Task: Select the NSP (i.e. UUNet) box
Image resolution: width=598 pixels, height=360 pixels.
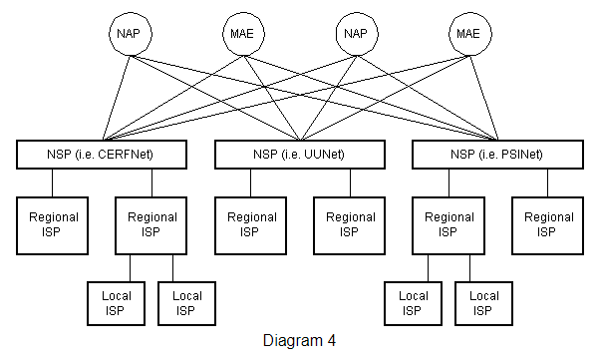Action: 300,155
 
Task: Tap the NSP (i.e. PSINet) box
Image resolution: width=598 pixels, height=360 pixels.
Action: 496,155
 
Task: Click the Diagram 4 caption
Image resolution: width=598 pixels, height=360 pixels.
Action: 299,340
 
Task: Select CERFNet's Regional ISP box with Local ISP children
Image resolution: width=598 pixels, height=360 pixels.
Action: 152,224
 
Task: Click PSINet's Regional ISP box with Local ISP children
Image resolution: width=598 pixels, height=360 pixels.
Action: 449,224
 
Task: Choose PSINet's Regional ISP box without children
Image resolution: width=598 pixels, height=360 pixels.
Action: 548,224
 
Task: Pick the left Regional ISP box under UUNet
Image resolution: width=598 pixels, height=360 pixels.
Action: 251,224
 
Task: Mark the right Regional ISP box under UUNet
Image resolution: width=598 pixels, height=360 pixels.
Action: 350,224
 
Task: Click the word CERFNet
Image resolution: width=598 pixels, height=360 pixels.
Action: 149,155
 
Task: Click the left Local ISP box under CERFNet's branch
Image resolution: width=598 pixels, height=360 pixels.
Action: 116,302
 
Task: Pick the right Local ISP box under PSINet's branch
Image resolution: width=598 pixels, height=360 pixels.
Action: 484,302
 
